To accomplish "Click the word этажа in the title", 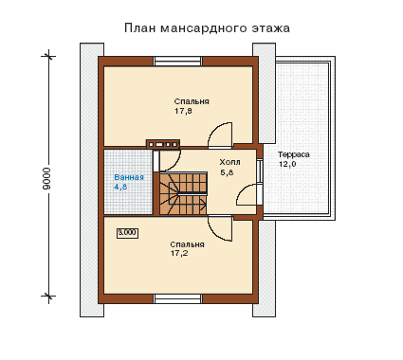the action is click(x=271, y=28).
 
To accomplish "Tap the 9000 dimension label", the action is click(x=46, y=178).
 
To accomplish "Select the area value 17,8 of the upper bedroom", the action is click(x=183, y=111).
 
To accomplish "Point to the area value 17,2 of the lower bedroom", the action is click(x=179, y=253).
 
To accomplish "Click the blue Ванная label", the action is click(x=129, y=177).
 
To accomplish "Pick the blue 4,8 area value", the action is click(x=120, y=187).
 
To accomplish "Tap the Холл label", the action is click(x=229, y=162).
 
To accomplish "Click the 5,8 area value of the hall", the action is click(x=227, y=172).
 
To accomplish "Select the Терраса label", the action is click(x=294, y=154).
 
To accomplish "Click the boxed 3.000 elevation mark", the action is click(x=127, y=233).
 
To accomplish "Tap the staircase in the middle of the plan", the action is click(x=183, y=193).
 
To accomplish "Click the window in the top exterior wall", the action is click(x=178, y=61).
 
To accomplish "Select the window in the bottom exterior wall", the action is click(x=178, y=298).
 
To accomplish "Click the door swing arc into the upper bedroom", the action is click(x=215, y=128).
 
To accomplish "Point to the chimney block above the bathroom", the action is click(x=163, y=144).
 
